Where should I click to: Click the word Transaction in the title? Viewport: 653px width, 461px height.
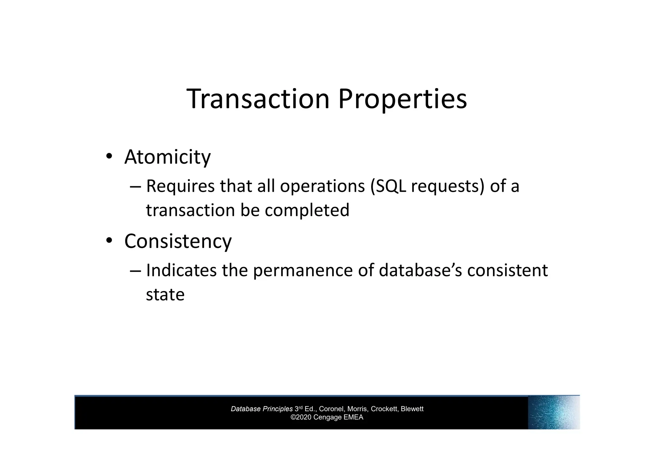point(258,99)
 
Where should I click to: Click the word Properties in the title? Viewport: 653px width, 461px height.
point(402,100)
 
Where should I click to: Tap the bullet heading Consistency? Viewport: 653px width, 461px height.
point(178,241)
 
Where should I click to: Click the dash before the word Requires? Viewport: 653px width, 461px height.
point(135,186)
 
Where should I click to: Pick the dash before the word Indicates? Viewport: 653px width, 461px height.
point(135,271)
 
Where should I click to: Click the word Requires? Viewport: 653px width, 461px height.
point(180,186)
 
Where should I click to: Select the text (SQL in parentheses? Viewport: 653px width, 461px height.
point(388,186)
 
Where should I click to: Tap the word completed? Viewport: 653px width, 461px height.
point(307,210)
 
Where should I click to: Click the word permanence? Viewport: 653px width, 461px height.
point(303,271)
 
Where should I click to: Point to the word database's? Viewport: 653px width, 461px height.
point(421,270)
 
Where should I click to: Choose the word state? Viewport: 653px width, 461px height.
point(165,294)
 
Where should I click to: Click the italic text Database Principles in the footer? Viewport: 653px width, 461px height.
point(261,409)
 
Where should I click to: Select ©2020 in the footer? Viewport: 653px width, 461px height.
point(301,417)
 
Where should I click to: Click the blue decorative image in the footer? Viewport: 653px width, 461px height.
point(554,412)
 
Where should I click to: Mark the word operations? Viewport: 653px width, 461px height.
point(322,186)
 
